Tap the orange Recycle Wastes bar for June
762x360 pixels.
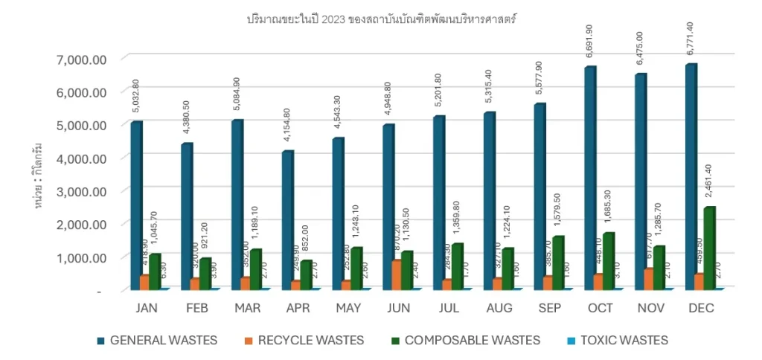point(396,274)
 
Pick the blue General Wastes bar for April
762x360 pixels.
point(287,219)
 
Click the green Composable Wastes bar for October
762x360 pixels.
point(609,260)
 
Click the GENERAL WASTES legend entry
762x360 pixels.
point(157,341)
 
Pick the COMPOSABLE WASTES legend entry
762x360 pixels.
point(473,341)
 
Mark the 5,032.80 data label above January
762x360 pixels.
point(135,97)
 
